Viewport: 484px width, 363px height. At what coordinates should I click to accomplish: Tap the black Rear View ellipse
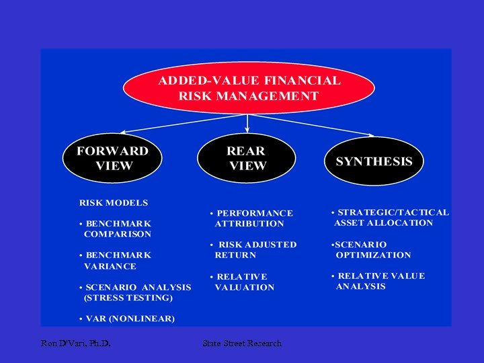point(247,159)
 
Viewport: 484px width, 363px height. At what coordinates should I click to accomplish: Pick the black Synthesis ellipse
point(374,161)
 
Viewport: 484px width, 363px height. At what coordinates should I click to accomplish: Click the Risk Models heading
point(114,202)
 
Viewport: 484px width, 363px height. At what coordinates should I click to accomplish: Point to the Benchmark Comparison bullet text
point(116,229)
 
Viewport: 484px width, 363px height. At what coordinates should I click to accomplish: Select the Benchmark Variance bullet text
point(116,261)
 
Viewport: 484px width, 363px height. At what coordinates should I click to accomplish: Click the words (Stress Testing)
point(128,298)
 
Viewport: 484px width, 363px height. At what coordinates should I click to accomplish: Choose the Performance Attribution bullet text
point(251,218)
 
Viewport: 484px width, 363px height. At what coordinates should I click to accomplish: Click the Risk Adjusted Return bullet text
point(253,250)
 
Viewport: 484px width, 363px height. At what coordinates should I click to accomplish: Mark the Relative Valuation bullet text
point(243,282)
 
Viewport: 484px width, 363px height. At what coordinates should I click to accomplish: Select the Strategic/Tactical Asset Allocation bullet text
point(391,217)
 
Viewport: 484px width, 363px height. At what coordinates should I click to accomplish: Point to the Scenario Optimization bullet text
point(372,249)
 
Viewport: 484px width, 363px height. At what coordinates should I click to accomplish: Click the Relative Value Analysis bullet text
point(379,281)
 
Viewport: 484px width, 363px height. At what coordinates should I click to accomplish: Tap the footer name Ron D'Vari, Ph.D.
point(75,344)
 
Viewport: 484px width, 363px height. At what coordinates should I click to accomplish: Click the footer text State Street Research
point(242,344)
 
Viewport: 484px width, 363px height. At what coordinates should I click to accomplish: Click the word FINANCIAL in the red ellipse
point(304,81)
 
